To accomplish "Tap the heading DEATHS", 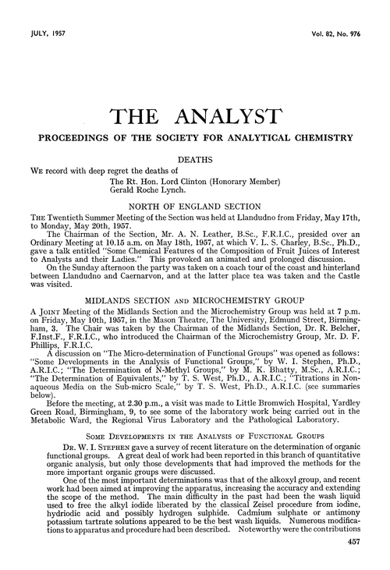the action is [x=202, y=159].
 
